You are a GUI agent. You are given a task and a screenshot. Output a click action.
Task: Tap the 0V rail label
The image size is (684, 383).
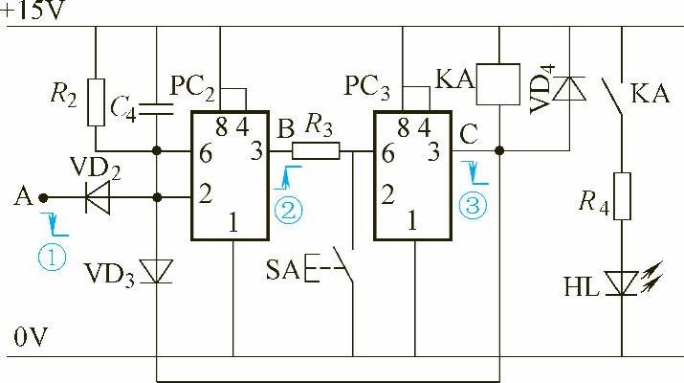29,337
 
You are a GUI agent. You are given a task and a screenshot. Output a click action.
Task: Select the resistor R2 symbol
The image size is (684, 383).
96,101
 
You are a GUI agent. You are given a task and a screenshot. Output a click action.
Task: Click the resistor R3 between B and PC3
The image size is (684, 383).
316,149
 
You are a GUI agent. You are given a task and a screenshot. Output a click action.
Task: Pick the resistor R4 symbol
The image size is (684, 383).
622,197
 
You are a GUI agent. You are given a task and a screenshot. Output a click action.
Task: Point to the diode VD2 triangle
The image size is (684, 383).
96,198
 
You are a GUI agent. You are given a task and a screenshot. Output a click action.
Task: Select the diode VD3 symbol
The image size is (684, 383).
157,272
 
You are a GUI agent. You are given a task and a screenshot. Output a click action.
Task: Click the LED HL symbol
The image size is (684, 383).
623,282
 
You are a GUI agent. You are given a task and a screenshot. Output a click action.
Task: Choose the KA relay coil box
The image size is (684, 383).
497,84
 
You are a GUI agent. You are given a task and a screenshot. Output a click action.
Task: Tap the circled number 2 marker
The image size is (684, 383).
289,209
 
